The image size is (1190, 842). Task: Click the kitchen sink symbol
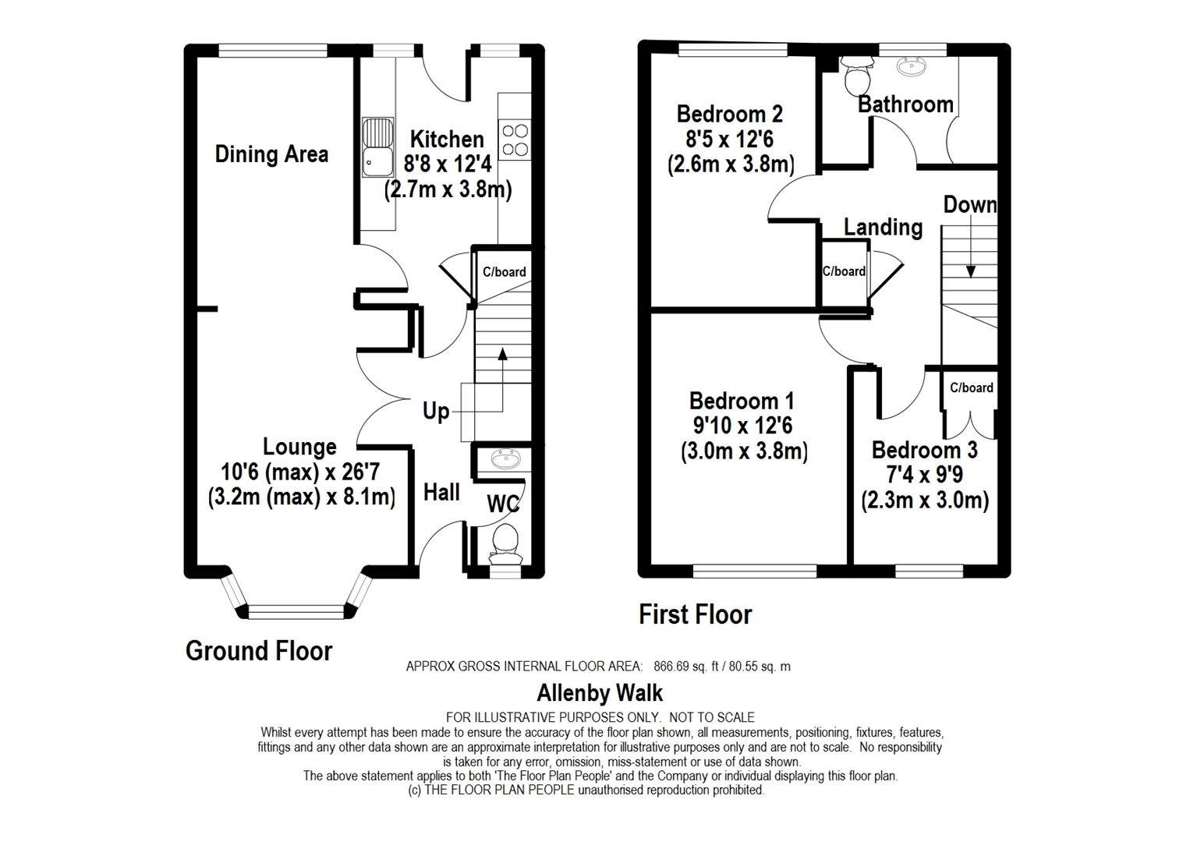click(x=378, y=147)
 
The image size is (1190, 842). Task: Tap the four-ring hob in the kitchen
click(x=515, y=140)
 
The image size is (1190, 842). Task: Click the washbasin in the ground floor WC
click(x=505, y=459)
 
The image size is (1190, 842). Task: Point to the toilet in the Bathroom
click(x=857, y=75)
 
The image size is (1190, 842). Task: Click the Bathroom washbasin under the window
click(x=912, y=66)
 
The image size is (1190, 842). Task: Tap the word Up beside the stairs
click(x=436, y=411)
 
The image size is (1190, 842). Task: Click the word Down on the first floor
click(x=970, y=204)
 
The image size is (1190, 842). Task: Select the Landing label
click(x=883, y=228)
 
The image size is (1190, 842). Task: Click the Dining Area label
click(x=271, y=154)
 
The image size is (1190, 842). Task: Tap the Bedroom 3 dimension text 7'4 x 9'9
click(x=924, y=474)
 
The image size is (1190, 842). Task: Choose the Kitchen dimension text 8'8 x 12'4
click(x=448, y=164)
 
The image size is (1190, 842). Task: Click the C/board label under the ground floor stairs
click(x=505, y=272)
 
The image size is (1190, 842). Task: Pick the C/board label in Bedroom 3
click(x=972, y=387)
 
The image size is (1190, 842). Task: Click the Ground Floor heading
click(x=259, y=651)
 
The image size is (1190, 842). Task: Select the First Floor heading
click(x=696, y=614)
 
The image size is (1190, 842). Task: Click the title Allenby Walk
click(x=600, y=693)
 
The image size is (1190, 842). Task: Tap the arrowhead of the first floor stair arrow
click(x=971, y=271)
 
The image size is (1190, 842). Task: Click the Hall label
click(x=441, y=493)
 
